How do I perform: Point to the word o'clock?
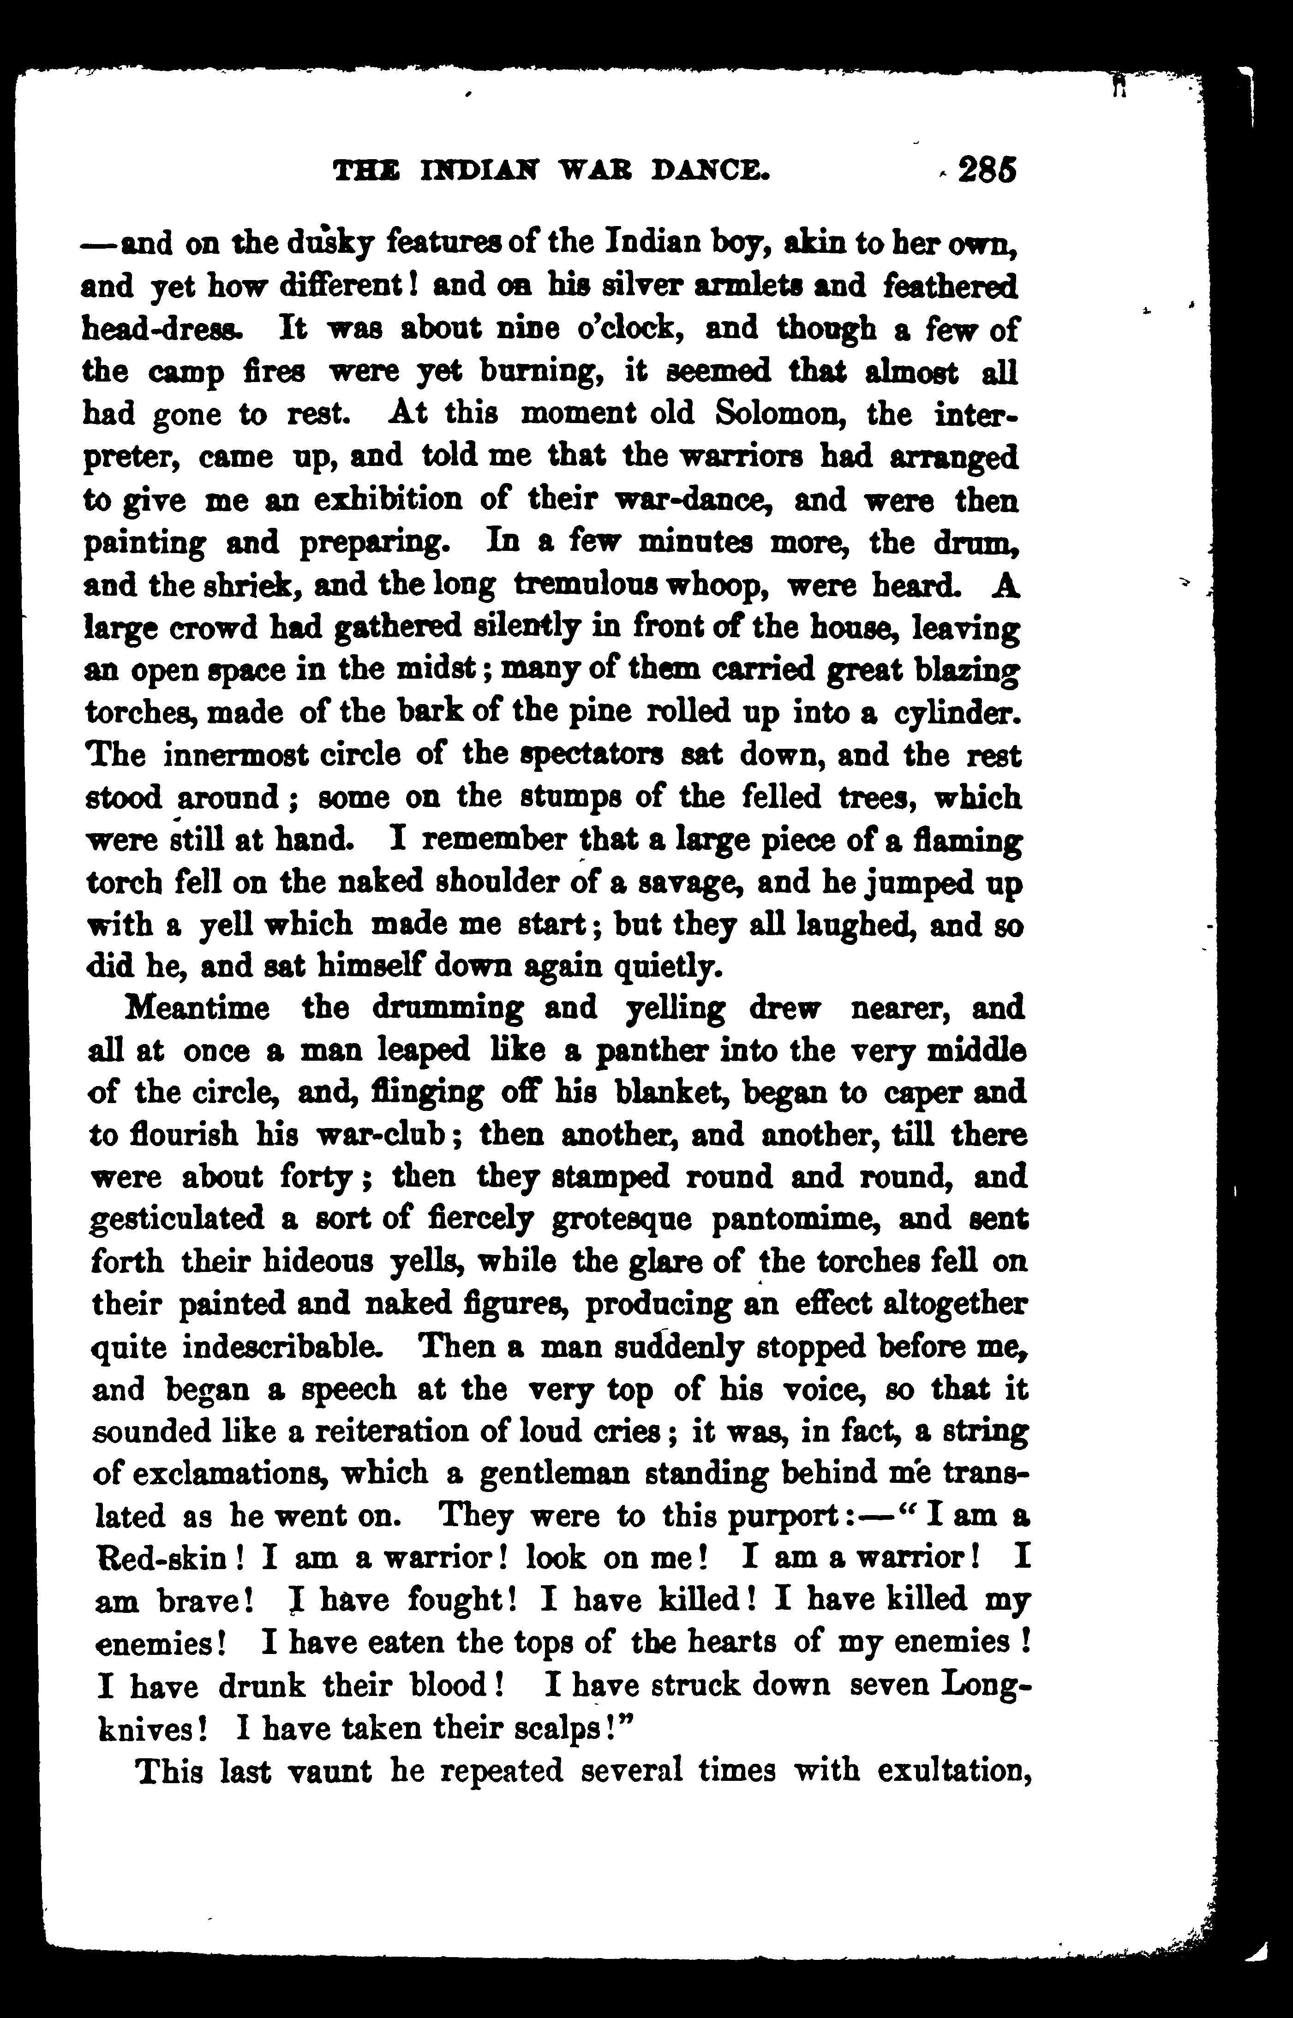(621, 328)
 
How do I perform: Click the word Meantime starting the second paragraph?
(198, 1007)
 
